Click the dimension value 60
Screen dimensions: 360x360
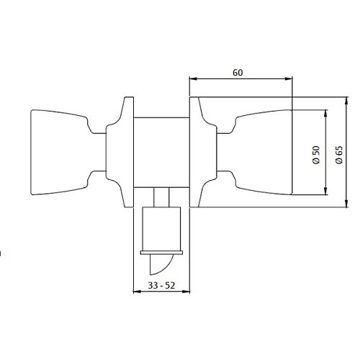[x=239, y=72]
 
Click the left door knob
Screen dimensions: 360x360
[x=61, y=151]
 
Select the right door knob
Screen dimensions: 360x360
[x=263, y=151]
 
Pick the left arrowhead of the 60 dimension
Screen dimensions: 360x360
[x=192, y=80]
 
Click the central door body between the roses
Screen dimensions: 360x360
[x=162, y=151]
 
